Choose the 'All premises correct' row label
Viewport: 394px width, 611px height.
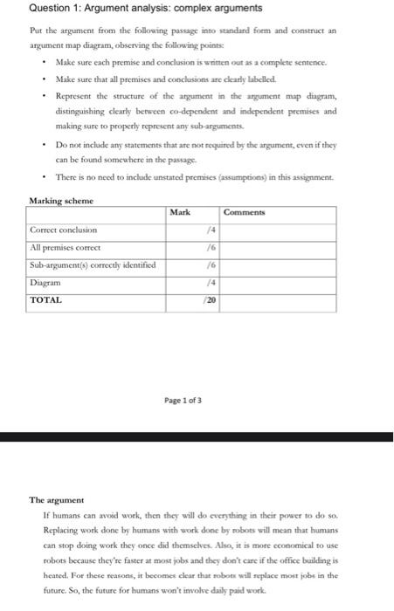point(66,247)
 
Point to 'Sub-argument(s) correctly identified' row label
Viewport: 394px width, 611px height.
point(92,264)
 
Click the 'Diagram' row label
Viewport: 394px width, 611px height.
point(45,282)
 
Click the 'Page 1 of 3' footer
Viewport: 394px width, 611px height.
point(183,400)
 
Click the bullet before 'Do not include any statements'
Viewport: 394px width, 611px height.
point(45,144)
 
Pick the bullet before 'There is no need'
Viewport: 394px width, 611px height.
point(45,176)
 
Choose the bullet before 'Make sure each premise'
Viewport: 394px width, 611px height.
point(45,64)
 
